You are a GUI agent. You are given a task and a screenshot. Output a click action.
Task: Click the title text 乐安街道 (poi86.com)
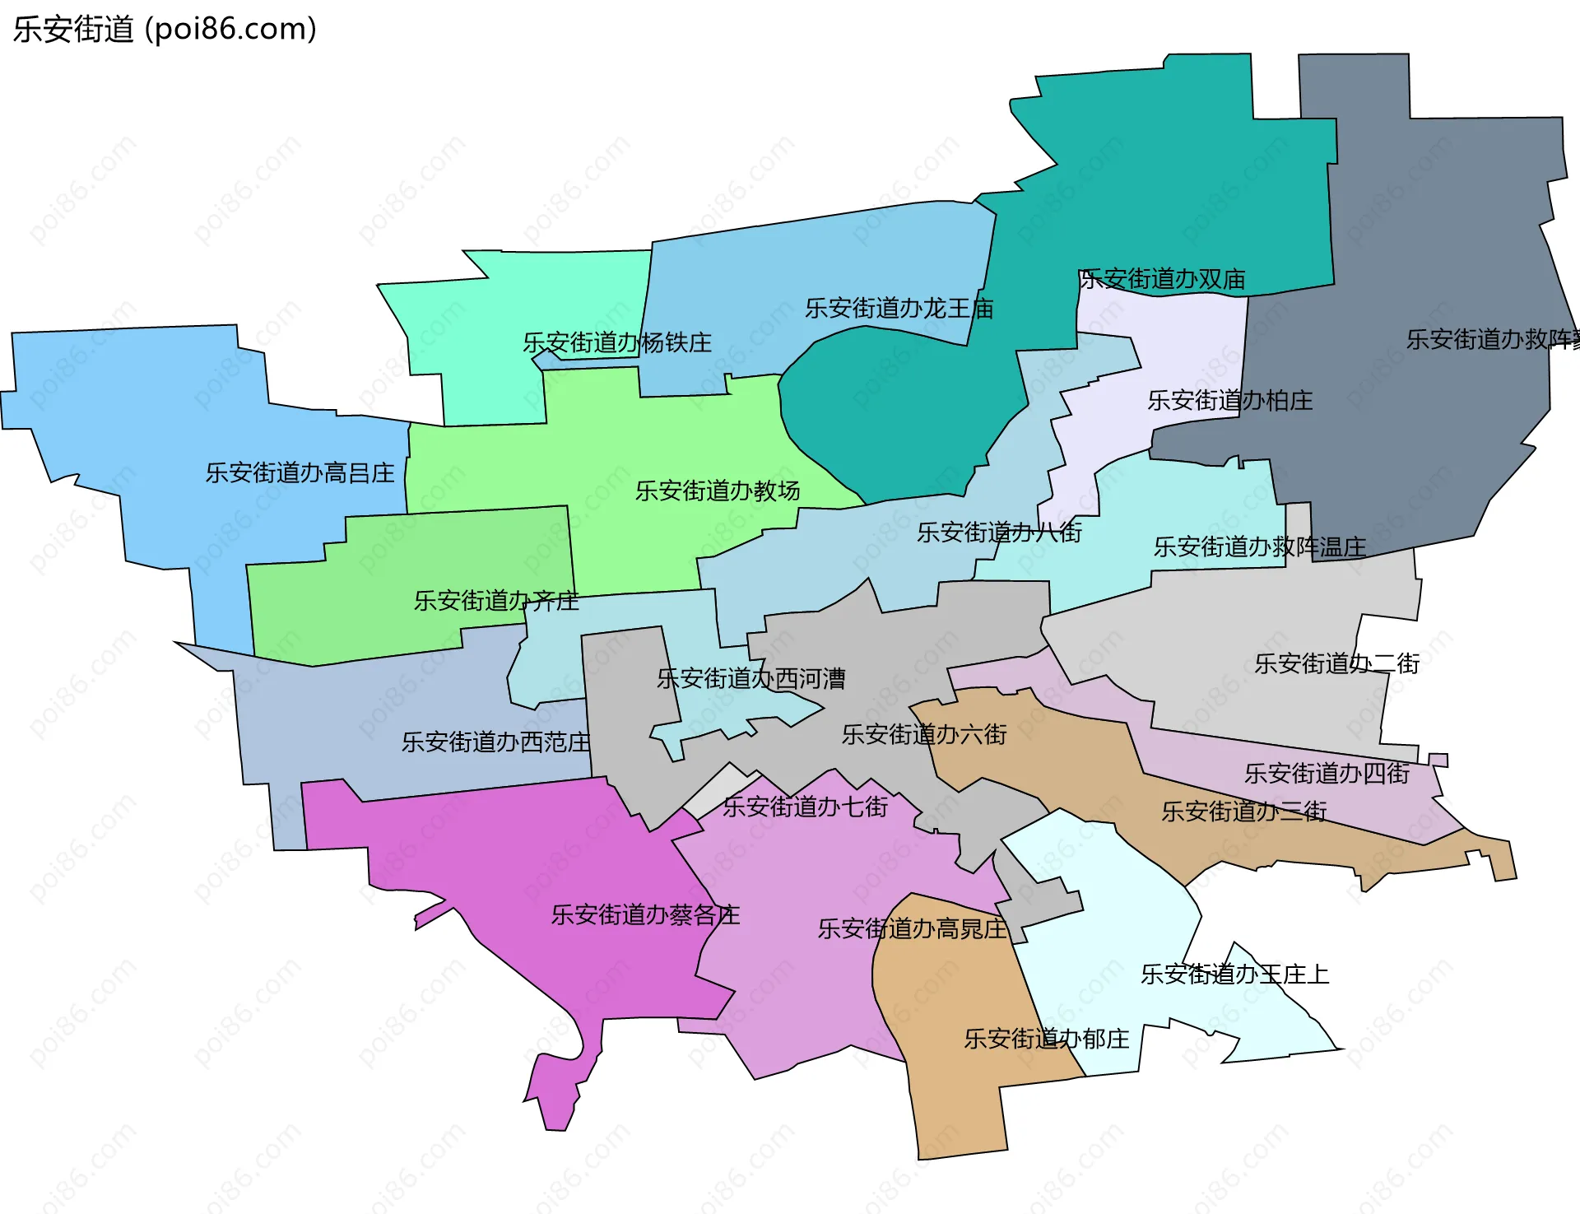165,30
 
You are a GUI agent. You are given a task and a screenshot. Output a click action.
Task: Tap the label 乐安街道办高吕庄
300,473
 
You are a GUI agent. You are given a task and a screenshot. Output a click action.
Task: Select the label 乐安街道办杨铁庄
617,343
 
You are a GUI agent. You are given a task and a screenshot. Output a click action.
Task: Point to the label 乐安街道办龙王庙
899,309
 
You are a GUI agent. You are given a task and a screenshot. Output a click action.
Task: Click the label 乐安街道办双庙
1161,280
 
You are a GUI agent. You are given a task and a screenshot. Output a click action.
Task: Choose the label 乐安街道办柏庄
1229,401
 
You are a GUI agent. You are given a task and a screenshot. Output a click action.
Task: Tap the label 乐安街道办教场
717,491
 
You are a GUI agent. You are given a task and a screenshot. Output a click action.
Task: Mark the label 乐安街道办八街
999,533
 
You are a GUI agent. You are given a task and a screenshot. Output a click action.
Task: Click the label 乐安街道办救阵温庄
1259,547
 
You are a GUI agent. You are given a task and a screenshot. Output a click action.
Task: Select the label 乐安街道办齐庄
495,601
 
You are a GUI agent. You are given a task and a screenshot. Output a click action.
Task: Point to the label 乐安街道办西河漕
750,679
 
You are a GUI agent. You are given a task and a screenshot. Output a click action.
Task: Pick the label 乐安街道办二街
1336,663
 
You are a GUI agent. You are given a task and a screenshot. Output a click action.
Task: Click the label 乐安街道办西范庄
495,742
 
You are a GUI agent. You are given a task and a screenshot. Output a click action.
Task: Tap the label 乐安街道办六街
923,734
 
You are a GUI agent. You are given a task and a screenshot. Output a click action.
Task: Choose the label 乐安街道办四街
1327,774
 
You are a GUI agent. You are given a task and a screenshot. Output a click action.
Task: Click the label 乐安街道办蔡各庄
645,915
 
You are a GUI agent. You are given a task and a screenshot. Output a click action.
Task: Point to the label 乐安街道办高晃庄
912,929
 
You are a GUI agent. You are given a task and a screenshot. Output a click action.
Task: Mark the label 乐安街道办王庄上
1234,975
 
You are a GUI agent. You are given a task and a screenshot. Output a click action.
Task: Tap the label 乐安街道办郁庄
1046,1040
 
